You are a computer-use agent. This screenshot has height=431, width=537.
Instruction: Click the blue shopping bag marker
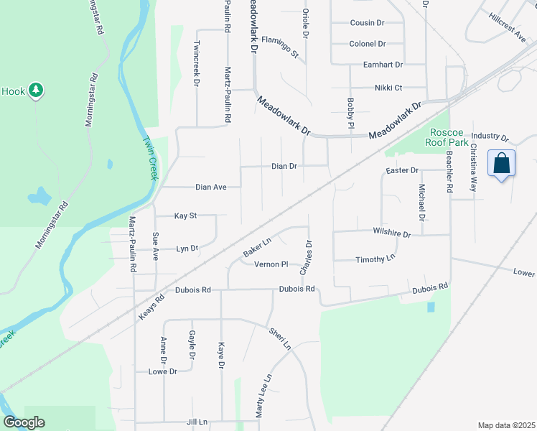[501, 164]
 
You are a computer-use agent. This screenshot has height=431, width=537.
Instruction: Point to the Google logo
[24, 422]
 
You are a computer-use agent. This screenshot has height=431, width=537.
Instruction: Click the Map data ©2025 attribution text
[505, 425]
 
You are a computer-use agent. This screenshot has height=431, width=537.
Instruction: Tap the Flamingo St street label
[279, 47]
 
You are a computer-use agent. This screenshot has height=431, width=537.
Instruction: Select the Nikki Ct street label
[388, 88]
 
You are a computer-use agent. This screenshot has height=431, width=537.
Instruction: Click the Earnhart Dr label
[383, 65]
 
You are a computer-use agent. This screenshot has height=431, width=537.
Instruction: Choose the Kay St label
[185, 215]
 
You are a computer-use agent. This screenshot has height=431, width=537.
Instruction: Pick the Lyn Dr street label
[187, 249]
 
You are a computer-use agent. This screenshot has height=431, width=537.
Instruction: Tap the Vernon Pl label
[271, 264]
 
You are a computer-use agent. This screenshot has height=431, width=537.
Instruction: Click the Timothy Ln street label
[375, 259]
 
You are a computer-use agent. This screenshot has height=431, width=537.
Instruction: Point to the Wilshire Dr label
[391, 234]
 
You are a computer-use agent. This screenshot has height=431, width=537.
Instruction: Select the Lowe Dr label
[162, 371]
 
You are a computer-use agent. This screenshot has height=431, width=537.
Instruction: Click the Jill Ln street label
[196, 422]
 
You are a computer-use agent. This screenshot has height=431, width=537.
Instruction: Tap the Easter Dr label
[401, 170]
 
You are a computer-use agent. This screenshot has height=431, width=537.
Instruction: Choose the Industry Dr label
[490, 136]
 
